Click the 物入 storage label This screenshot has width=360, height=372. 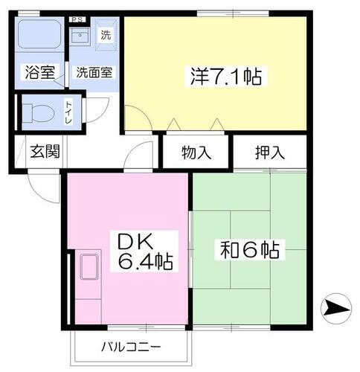[197, 153]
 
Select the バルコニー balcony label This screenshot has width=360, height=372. [131, 346]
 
